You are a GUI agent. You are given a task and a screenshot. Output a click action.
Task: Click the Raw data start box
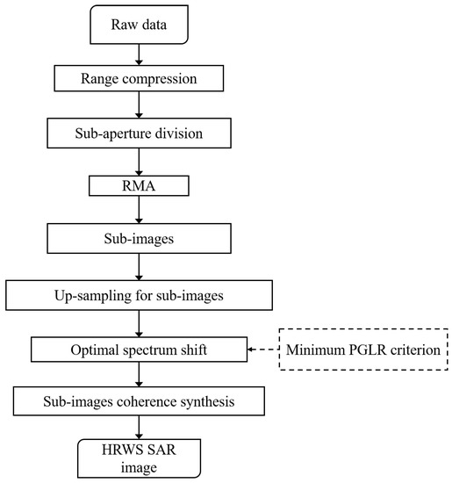[140, 27]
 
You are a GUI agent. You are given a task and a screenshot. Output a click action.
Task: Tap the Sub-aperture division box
[140, 135]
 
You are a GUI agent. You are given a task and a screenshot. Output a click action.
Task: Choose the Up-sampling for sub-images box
[140, 293]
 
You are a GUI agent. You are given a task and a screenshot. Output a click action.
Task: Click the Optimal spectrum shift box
[140, 349]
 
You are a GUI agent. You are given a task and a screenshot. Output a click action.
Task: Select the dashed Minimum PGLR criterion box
[362, 349]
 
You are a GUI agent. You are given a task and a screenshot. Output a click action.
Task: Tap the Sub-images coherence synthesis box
[140, 402]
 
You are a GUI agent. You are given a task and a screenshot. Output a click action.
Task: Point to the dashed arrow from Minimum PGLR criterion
[263, 349]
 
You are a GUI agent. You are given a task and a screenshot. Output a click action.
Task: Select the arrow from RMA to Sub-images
[140, 211]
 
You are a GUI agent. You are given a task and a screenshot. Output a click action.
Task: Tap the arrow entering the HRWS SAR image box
[140, 427]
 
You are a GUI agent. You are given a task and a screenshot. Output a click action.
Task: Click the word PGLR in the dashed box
[363, 349]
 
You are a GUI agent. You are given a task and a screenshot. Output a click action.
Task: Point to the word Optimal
[95, 349]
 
